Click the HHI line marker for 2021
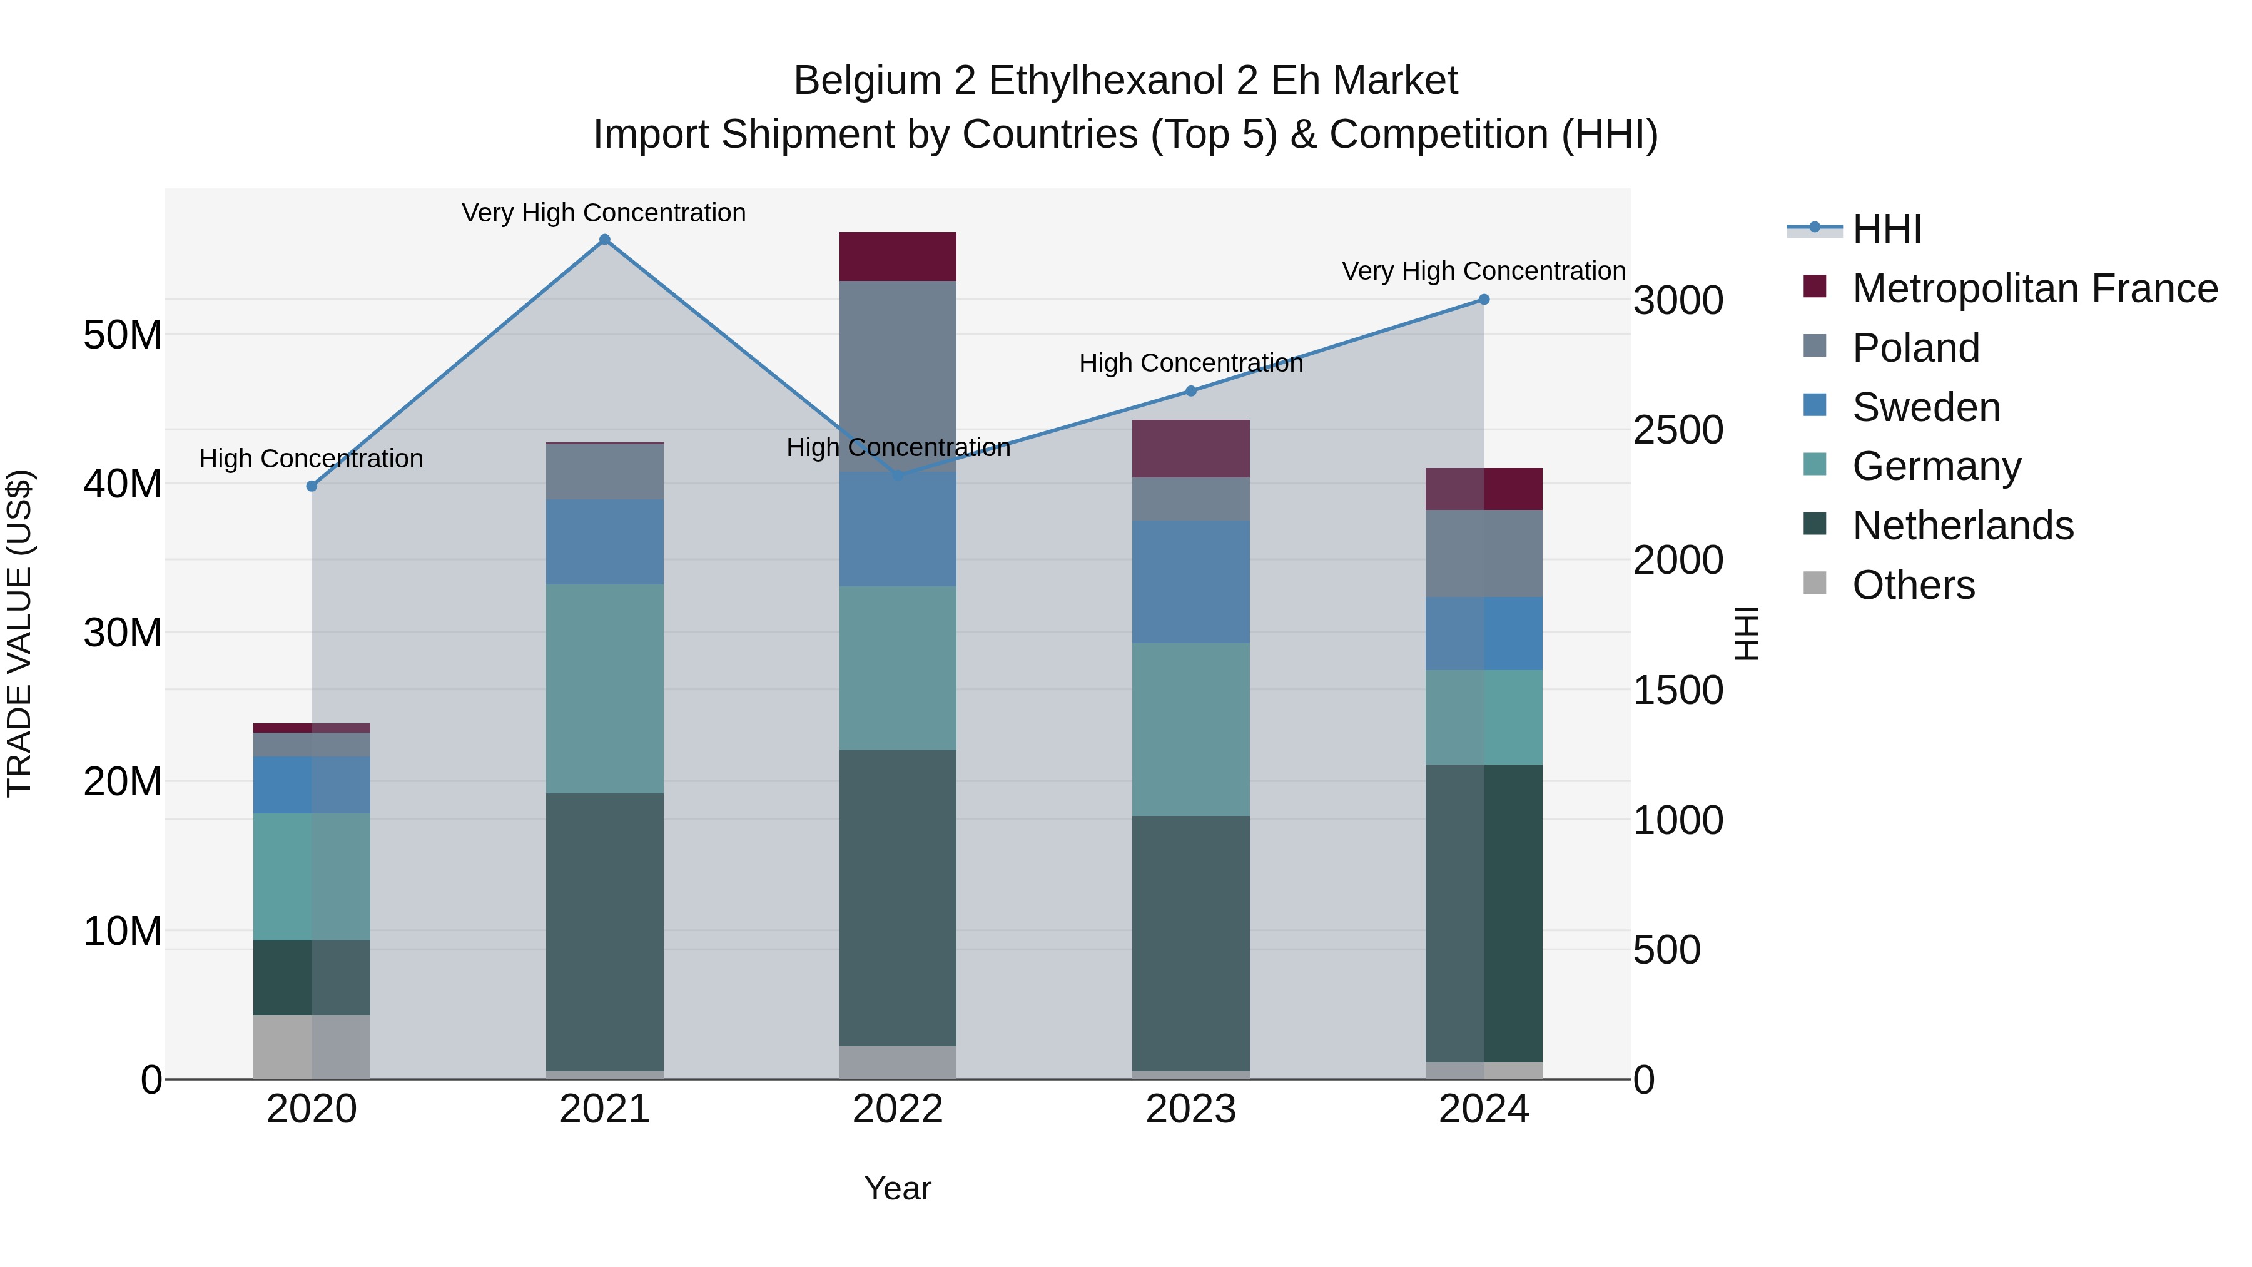[604, 240]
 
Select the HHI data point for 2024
[1484, 300]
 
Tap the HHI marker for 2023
[1190, 391]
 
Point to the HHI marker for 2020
[312, 486]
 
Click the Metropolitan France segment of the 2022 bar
[898, 256]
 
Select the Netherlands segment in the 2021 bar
[604, 931]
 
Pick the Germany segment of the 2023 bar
[1190, 730]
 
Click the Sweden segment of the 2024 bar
[1484, 633]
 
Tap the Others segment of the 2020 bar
[312, 1047]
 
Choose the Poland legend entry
[1915, 348]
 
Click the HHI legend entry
[1887, 229]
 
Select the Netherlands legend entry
[1962, 526]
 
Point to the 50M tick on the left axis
[123, 335]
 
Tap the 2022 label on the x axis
[898, 1109]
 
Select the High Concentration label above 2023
[1190, 363]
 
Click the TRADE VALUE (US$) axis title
[19, 633]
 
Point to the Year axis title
[898, 1188]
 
